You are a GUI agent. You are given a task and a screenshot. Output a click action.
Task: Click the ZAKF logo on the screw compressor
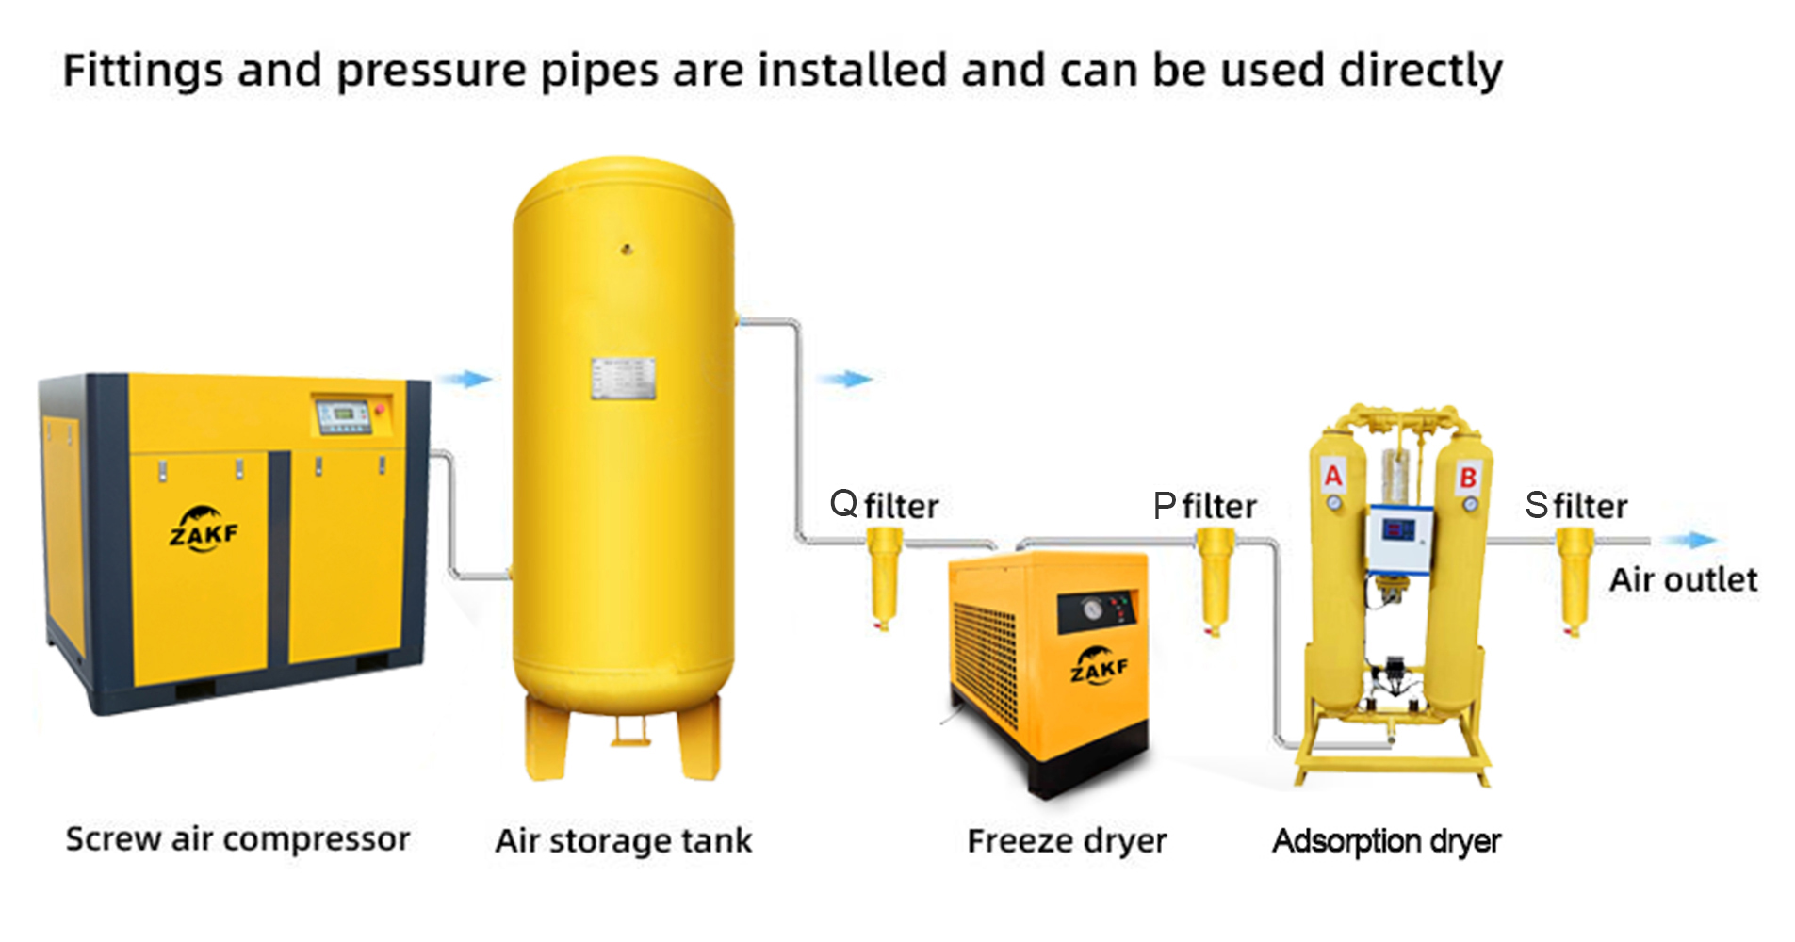pyautogui.click(x=204, y=528)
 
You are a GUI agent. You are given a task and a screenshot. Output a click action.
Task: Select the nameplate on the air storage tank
pyautogui.click(x=623, y=379)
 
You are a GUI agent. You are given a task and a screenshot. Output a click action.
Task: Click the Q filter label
pyautogui.click(x=884, y=505)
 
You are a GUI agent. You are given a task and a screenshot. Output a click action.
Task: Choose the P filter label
pyautogui.click(x=1205, y=506)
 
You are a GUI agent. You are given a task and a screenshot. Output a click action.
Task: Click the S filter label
pyautogui.click(x=1576, y=506)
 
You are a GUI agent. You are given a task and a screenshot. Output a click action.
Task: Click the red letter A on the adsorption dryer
pyautogui.click(x=1333, y=475)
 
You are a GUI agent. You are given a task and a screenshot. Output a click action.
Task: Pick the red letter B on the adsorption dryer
pyautogui.click(x=1468, y=478)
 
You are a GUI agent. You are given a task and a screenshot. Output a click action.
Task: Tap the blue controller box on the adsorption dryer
pyautogui.click(x=1400, y=539)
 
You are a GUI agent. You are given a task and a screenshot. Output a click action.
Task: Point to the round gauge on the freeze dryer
pyautogui.click(x=1093, y=609)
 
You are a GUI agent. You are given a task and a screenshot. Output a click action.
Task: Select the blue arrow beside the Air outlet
pyautogui.click(x=1689, y=540)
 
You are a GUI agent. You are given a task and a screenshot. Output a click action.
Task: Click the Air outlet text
pyautogui.click(x=1683, y=579)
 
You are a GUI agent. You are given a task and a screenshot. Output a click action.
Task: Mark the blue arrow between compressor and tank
pyautogui.click(x=465, y=379)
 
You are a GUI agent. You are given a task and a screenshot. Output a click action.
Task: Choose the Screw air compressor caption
pyautogui.click(x=237, y=838)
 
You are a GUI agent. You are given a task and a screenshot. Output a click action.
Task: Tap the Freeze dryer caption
pyautogui.click(x=1067, y=840)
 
